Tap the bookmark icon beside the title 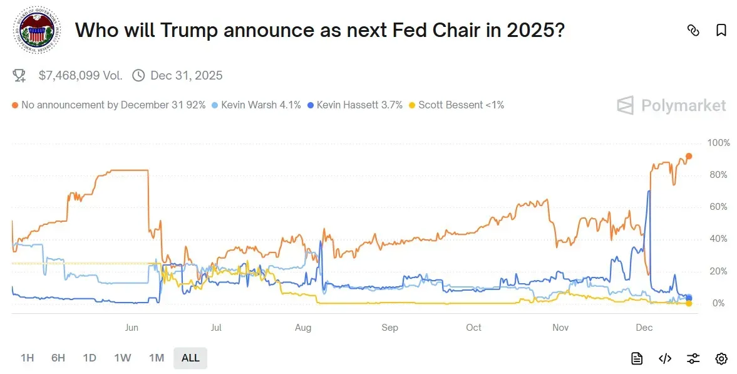point(721,30)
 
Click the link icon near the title point(693,30)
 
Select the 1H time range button point(27,358)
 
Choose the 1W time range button point(122,358)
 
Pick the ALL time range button point(190,358)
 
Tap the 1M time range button point(156,358)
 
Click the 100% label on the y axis point(718,143)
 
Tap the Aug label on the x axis point(302,328)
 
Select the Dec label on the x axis point(644,328)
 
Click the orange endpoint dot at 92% point(689,156)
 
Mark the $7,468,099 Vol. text point(80,76)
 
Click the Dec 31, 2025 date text point(186,76)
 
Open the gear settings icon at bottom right point(721,358)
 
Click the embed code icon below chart point(665,358)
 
